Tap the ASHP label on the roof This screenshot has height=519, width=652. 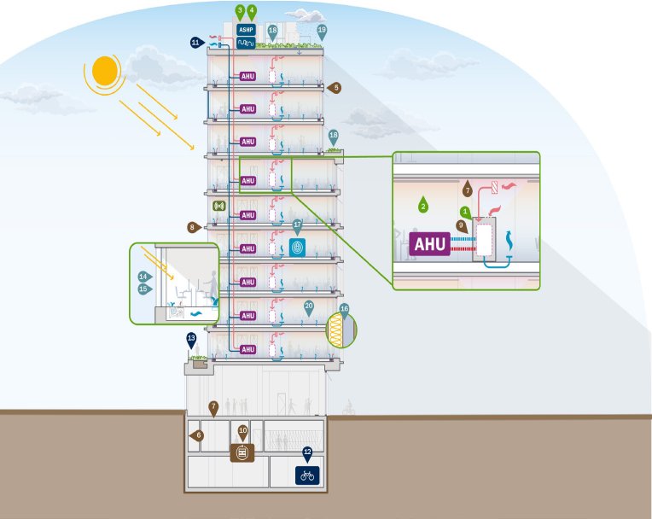pyautogui.click(x=245, y=28)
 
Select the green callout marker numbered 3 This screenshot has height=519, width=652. pyautogui.click(x=240, y=11)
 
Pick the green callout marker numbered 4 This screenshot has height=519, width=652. pyautogui.click(x=252, y=11)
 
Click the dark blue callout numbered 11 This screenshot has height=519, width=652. pyautogui.click(x=195, y=42)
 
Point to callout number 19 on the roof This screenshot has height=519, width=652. pyautogui.click(x=322, y=30)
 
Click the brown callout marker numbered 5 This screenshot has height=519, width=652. pyautogui.click(x=335, y=87)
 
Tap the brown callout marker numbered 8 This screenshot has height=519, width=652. pyautogui.click(x=193, y=227)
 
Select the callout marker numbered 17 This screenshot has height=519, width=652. pyautogui.click(x=298, y=225)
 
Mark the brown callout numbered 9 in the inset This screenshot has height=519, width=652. pyautogui.click(x=461, y=225)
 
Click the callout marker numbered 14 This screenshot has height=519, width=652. pyautogui.click(x=144, y=277)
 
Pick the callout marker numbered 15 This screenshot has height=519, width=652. pyautogui.click(x=144, y=289)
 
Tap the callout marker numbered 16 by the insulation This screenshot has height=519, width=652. pyautogui.click(x=344, y=309)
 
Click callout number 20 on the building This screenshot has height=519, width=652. pyautogui.click(x=309, y=306)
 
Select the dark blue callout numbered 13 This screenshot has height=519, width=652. pyautogui.click(x=192, y=339)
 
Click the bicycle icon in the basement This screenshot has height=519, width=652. pyautogui.click(x=307, y=475)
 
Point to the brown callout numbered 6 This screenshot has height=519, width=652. pyautogui.click(x=198, y=435)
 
